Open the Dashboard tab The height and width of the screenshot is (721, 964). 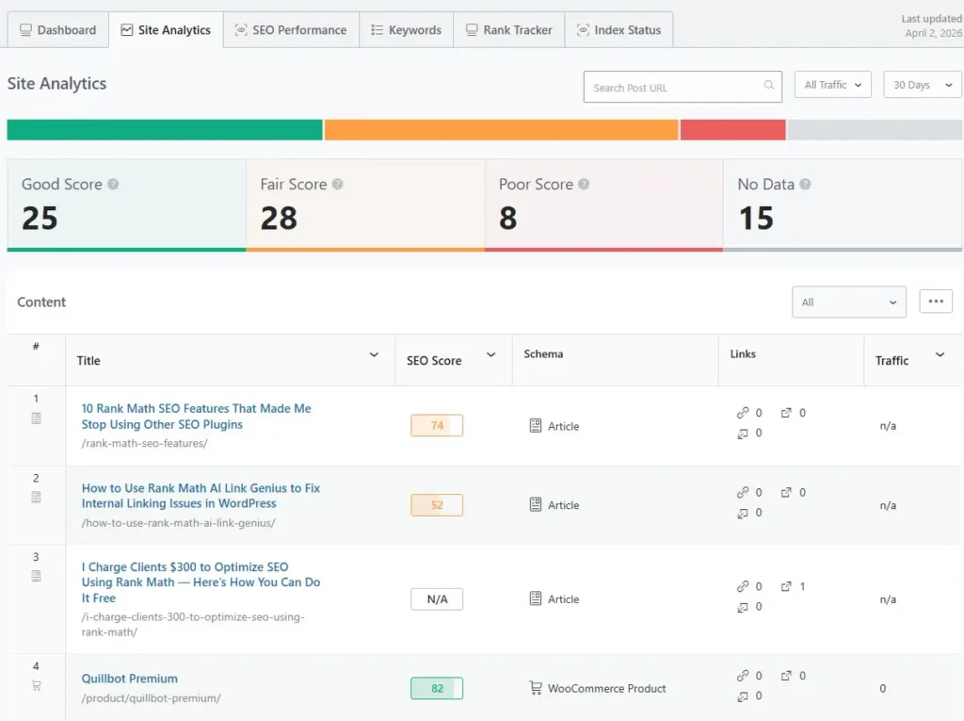point(57,30)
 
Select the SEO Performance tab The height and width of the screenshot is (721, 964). point(290,30)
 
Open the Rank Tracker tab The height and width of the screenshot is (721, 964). point(508,30)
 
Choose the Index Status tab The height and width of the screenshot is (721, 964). point(619,30)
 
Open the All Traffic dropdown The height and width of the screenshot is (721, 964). point(832,85)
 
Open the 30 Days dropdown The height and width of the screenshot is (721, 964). point(922,85)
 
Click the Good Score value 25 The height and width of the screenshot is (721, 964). point(40,219)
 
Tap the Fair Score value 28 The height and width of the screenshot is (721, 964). point(279,219)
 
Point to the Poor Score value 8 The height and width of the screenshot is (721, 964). point(507,219)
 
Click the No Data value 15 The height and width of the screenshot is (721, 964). point(755,219)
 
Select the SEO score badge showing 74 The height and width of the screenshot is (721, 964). point(437,426)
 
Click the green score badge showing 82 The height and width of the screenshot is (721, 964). point(437,689)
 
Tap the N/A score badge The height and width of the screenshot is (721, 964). point(437,599)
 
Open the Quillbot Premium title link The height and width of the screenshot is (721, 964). point(129,679)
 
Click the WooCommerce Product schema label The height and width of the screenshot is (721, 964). point(606,689)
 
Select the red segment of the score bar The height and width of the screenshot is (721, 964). point(732,130)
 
